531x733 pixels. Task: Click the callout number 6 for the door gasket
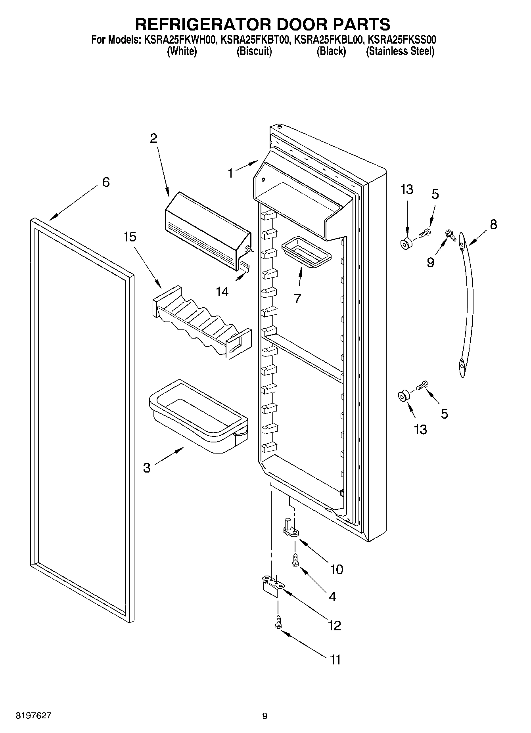[x=105, y=182]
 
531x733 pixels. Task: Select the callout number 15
[x=130, y=237]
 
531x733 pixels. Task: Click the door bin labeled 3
[x=198, y=416]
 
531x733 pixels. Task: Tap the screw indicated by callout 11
[x=278, y=625]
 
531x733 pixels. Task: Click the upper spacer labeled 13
[x=406, y=244]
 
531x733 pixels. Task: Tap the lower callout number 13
[x=420, y=429]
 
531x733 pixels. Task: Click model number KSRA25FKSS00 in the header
[x=402, y=40]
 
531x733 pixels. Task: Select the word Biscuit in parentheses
[x=254, y=52]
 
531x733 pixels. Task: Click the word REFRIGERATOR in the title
[x=203, y=25]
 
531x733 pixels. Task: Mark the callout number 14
[x=222, y=292]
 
